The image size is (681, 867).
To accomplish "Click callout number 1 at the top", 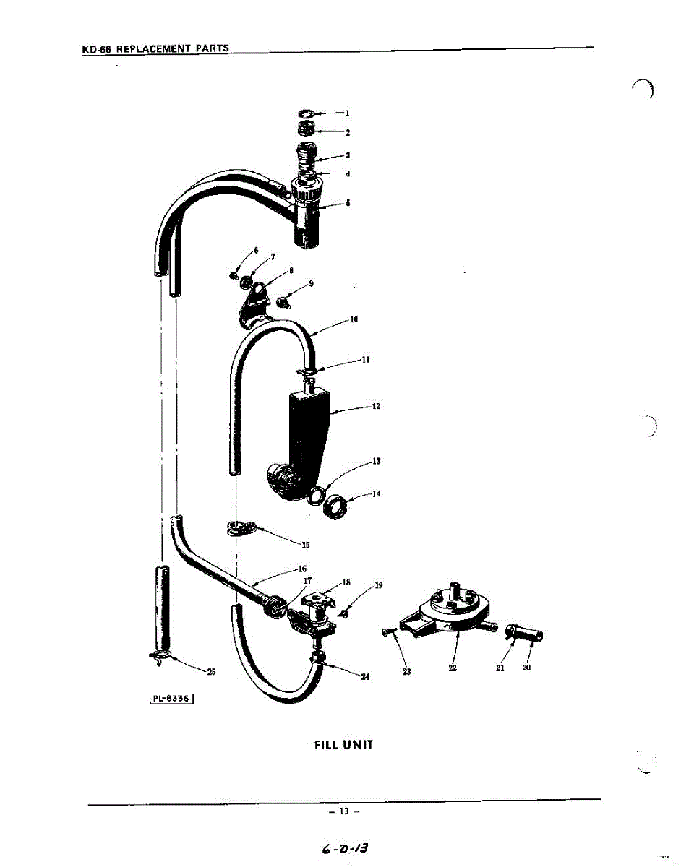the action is (347, 113).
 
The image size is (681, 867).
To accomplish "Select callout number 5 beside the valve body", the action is (348, 203).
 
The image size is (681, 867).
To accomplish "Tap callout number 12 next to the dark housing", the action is (376, 406).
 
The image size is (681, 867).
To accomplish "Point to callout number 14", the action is (376, 494).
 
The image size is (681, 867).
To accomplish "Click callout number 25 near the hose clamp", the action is (211, 672).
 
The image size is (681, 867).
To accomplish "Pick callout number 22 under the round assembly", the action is (453, 668).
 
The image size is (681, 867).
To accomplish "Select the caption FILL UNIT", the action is (343, 744).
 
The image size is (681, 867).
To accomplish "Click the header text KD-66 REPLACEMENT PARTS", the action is (155, 49).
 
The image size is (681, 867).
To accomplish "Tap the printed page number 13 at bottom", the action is (344, 811).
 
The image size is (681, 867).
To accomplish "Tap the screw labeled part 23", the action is (388, 634).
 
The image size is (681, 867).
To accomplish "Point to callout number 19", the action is (378, 585).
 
